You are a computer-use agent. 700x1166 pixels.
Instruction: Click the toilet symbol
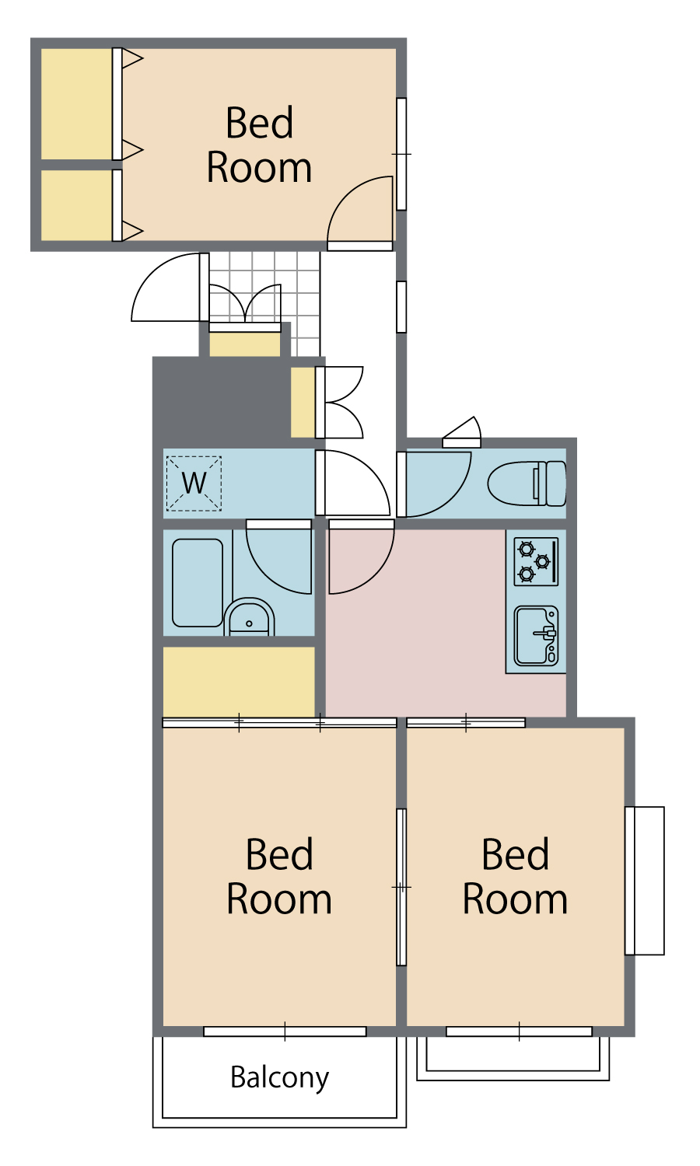point(527,484)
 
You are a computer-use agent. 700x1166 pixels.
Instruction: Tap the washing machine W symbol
point(194,484)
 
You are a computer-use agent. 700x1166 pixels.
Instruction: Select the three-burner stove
point(536,562)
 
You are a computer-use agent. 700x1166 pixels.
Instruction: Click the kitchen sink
point(536,636)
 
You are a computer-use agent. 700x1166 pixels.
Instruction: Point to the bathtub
point(198,583)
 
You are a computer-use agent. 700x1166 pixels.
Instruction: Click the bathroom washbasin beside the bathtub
point(249,617)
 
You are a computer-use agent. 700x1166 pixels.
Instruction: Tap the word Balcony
point(280,1078)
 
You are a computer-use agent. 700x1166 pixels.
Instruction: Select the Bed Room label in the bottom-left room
point(279,876)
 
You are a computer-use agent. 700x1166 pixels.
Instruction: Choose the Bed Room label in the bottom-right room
point(515,876)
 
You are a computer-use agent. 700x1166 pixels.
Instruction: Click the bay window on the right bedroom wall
point(645,881)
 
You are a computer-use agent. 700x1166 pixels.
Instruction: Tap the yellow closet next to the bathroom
point(239,682)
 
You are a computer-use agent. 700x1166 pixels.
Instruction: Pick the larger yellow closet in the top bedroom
point(76,104)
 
